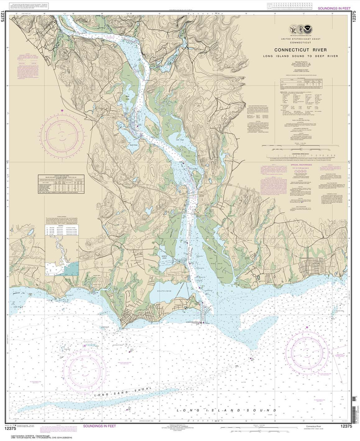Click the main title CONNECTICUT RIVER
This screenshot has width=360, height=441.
pyautogui.click(x=300, y=50)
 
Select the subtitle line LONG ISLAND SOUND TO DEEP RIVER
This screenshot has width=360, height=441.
pyautogui.click(x=300, y=56)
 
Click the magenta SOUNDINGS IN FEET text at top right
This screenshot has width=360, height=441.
pyautogui.click(x=333, y=8)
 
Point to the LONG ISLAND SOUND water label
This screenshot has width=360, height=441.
pyautogui.click(x=226, y=411)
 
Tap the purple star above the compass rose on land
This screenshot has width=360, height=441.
pyautogui.click(x=62, y=110)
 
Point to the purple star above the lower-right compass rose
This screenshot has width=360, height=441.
pyautogui.click(x=307, y=327)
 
